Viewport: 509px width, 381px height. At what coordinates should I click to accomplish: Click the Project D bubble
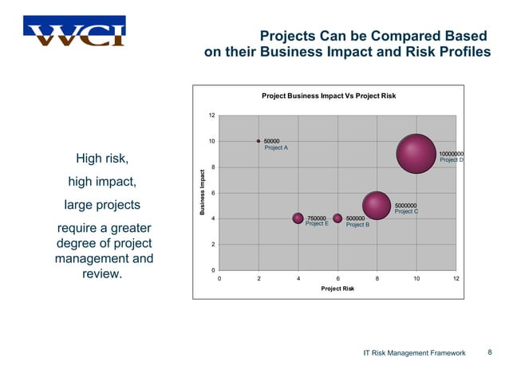pos(416,154)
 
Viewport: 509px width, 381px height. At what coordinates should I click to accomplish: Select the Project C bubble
pos(377,206)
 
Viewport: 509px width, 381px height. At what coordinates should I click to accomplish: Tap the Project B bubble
pos(337,218)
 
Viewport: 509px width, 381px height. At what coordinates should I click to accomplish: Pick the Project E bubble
pos(298,218)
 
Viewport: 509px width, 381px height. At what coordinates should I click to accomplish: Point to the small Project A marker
pos(258,141)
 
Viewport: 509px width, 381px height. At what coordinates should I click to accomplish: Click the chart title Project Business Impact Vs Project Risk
pos(329,96)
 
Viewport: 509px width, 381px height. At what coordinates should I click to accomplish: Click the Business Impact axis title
pos(203,193)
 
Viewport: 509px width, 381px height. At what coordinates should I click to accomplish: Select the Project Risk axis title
pos(337,289)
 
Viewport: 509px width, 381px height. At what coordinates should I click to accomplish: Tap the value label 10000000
pos(452,154)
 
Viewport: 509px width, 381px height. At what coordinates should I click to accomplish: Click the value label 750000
pos(317,218)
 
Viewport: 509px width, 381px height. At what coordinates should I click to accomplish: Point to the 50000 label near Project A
pos(272,141)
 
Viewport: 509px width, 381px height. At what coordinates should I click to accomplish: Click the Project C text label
pos(406,211)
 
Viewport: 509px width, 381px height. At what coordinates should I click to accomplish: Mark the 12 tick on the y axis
pos(211,116)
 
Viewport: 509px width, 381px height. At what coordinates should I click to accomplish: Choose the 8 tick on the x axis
pos(377,278)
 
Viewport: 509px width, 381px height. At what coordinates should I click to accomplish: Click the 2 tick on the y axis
pos(212,244)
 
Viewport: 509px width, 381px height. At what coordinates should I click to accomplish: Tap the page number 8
pos(489,352)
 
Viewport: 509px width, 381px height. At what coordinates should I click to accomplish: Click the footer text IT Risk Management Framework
pos(413,352)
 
